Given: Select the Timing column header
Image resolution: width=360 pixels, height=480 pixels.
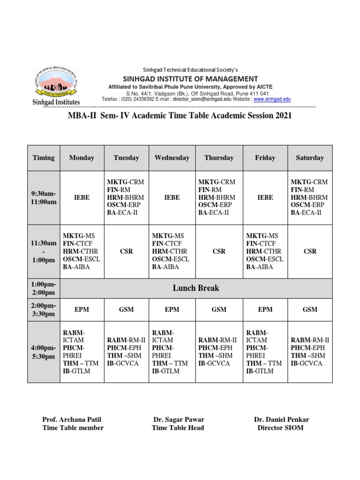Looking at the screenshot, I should (44, 158).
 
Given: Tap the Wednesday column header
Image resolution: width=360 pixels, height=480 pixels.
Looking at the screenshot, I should (172, 158).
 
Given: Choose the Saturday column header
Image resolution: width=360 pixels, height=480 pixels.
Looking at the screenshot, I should (310, 158).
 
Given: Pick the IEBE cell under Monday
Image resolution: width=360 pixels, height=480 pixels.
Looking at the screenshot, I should (82, 198).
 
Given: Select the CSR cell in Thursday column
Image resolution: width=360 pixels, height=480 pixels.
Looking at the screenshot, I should (219, 251).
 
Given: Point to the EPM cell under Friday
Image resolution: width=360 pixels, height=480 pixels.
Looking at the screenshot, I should (265, 309).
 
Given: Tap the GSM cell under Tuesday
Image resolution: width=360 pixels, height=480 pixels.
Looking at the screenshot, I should (127, 309).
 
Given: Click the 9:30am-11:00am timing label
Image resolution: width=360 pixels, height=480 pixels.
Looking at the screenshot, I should (44, 198).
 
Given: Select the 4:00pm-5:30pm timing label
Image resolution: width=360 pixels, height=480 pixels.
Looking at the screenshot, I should (44, 352).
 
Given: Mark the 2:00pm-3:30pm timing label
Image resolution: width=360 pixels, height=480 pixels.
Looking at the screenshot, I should (44, 309).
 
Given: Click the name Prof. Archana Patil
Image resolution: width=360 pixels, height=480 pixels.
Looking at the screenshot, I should (72, 420).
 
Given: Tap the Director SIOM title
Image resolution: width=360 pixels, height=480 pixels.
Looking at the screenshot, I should (281, 428).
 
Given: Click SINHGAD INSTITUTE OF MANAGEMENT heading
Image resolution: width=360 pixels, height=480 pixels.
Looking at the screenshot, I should (190, 79).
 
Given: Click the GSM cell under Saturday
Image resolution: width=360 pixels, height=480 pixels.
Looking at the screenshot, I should (310, 309).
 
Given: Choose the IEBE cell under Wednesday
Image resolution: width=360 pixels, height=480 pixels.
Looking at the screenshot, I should (172, 198).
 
